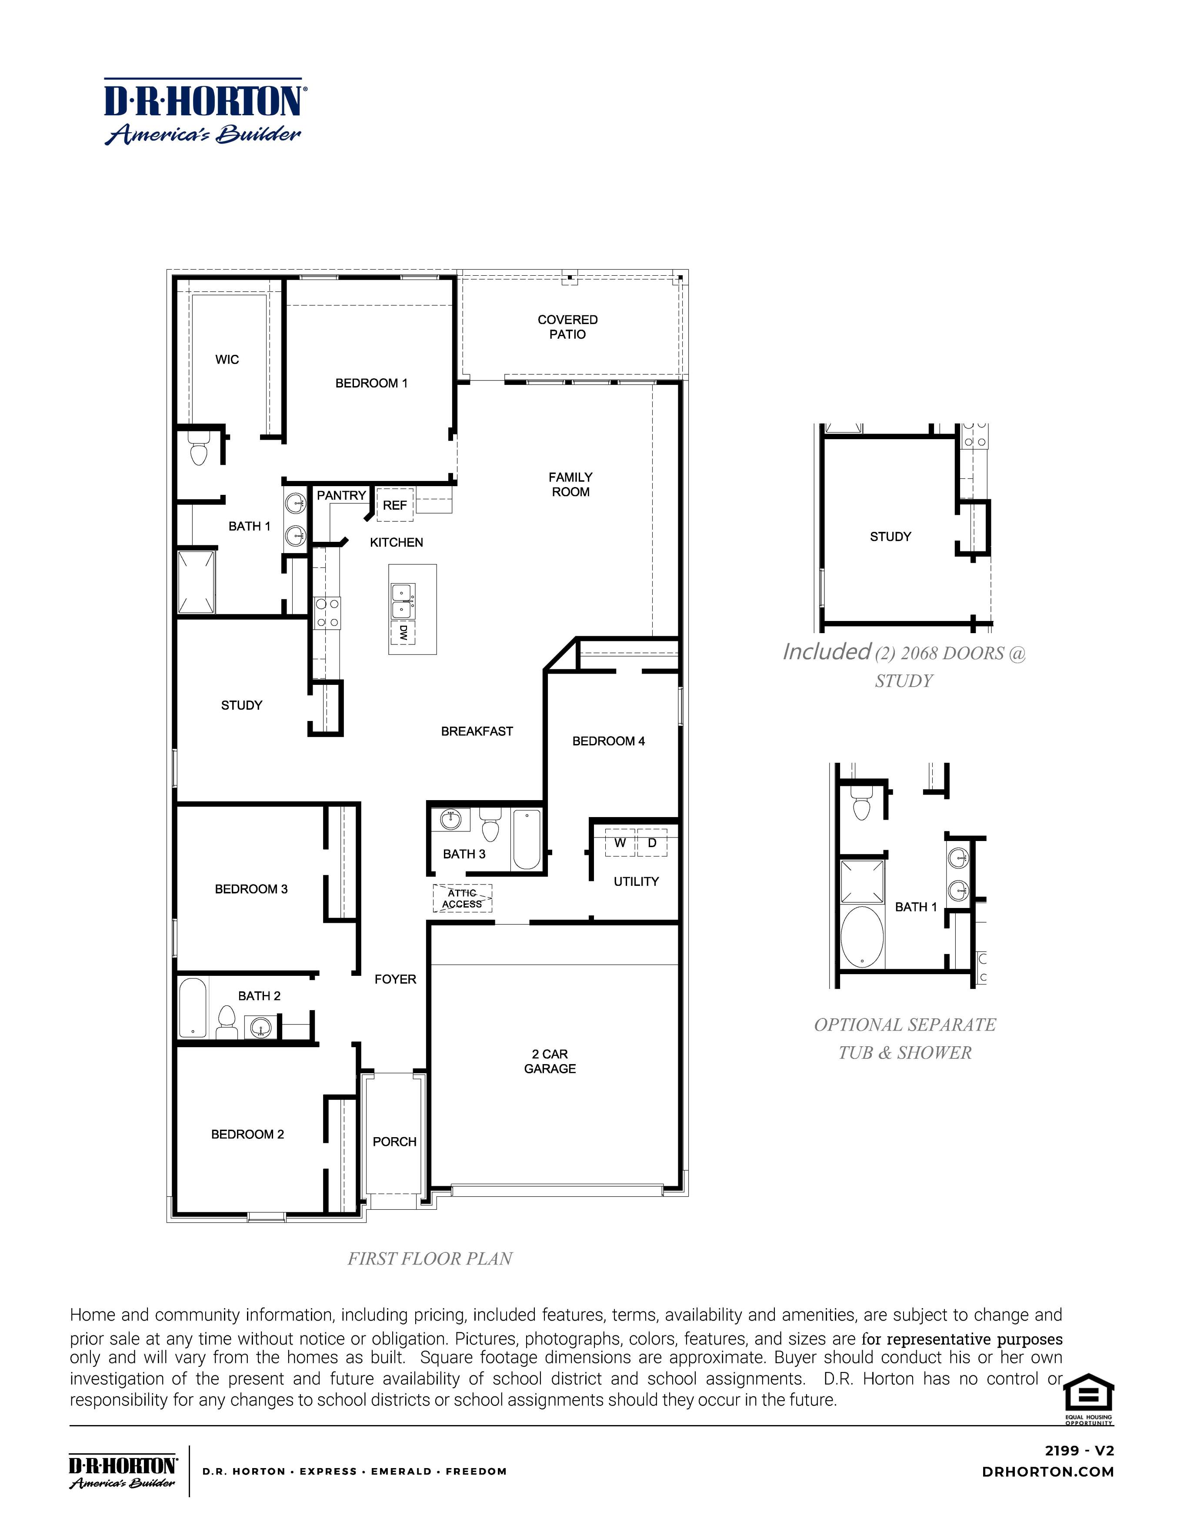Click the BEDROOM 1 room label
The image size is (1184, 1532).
coord(371,383)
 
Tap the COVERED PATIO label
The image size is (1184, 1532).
coord(567,327)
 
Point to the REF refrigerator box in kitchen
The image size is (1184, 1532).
coord(395,505)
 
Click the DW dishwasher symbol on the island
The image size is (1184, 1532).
coord(403,632)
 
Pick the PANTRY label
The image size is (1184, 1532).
coord(341,495)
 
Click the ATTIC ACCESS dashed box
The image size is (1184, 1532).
coord(462,898)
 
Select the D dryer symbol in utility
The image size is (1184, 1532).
coord(652,842)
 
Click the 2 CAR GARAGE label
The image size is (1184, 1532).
coord(550,1061)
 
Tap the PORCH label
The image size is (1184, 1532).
coord(394,1142)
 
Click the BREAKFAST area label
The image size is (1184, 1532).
coord(477,731)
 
